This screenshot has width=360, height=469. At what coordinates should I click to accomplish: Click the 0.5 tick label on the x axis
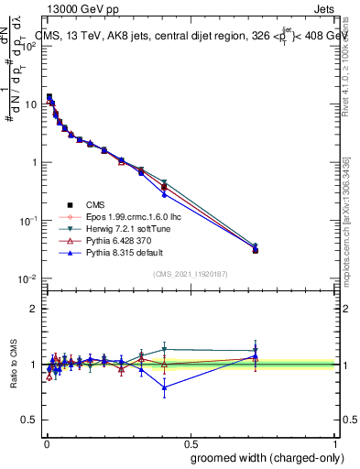(191, 442)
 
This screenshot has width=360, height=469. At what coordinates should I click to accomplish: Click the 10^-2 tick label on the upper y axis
(29, 278)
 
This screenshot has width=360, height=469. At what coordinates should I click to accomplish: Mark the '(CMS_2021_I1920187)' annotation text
(190, 274)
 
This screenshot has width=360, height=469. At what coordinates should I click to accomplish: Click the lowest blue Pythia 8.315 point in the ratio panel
(164, 387)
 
